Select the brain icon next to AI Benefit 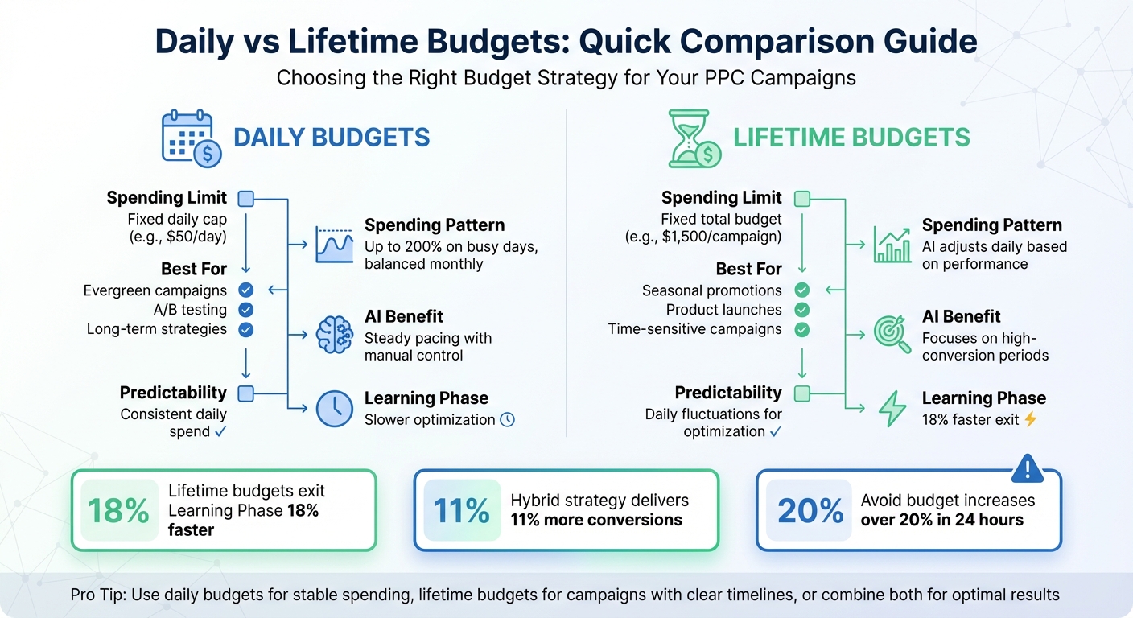(x=335, y=333)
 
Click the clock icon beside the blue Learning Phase (x=335, y=409)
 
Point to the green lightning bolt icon (x=892, y=409)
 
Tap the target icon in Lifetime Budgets (x=892, y=333)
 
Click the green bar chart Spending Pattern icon (x=892, y=244)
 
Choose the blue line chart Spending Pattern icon (x=335, y=244)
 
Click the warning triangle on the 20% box (x=1026, y=468)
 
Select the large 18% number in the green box (x=119, y=510)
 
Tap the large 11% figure (x=461, y=510)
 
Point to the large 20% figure (x=810, y=510)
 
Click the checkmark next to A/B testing (x=246, y=310)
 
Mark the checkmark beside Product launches (x=801, y=310)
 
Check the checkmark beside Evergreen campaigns (x=246, y=290)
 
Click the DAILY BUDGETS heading (x=332, y=138)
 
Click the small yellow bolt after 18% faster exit (x=1030, y=419)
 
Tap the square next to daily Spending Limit (x=246, y=198)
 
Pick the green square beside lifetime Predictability (x=801, y=393)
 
